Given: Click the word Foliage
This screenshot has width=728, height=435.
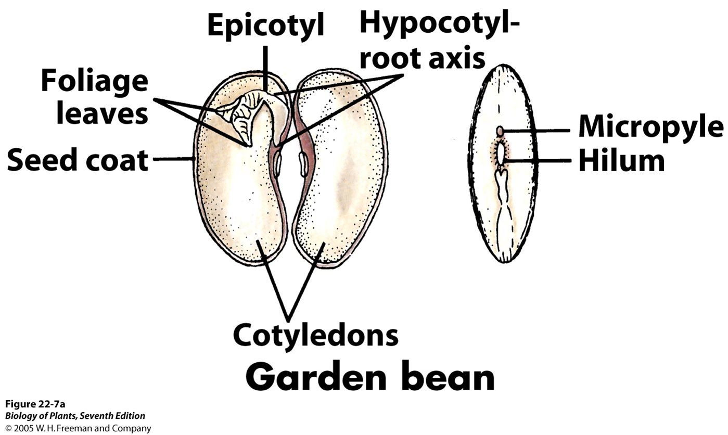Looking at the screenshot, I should click(x=94, y=82).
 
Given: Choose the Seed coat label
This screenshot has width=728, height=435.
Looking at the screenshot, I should click(x=78, y=160).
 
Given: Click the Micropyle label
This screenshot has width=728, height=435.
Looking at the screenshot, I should click(x=650, y=126).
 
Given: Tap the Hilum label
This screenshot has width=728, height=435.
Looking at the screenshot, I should click(x=621, y=161).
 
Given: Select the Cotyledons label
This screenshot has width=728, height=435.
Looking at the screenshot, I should click(x=315, y=335).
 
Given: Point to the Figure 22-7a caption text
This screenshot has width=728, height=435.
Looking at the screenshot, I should click(x=35, y=404).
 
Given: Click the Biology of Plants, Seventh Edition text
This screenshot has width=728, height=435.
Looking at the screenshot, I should click(x=75, y=416).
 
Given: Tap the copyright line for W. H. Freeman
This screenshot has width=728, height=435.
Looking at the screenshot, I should click(x=78, y=429).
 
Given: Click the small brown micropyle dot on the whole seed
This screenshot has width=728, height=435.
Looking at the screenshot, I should click(x=500, y=131).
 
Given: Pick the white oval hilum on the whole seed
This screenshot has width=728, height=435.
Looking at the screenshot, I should click(x=501, y=152).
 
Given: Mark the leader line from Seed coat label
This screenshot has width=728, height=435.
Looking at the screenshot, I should click(x=172, y=159).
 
